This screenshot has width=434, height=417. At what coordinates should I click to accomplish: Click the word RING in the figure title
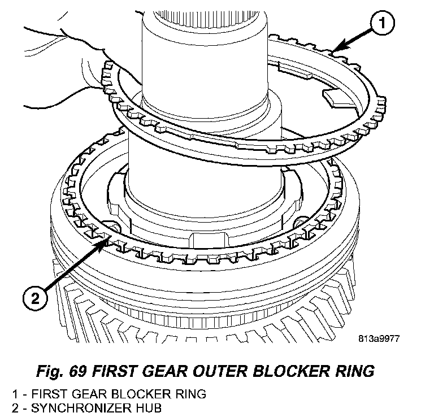[355, 371]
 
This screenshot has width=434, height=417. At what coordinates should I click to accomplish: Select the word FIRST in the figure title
[108, 371]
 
